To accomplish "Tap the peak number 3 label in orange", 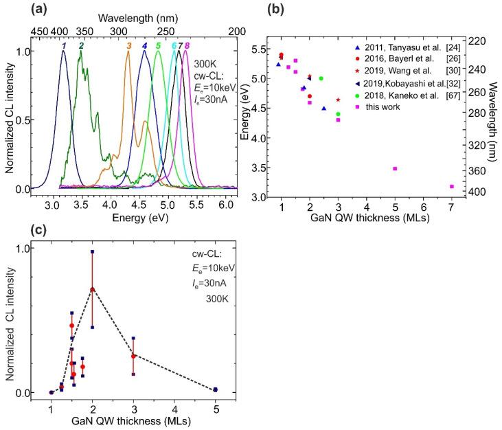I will click(128, 45).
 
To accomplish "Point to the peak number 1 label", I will click(64, 45).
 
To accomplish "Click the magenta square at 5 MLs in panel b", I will click(395, 168).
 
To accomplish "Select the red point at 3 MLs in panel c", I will click(133, 356).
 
